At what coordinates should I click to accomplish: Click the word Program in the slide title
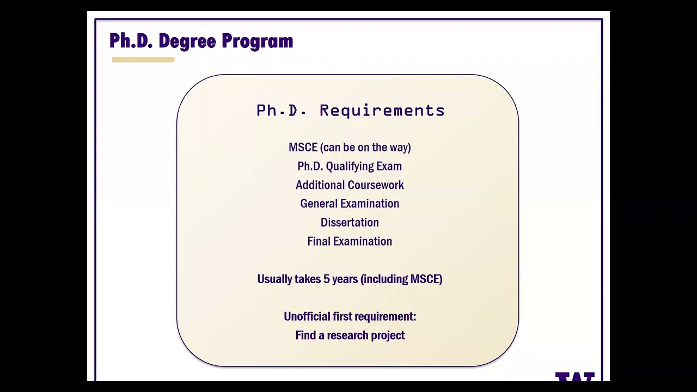257,41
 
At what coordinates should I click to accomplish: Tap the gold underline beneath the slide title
143,60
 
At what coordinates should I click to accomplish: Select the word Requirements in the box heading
382,111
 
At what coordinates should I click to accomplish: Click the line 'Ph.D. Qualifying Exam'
350,166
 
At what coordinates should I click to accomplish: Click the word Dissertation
350,223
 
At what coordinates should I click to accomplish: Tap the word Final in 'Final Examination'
319,241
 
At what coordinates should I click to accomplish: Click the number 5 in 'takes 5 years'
327,279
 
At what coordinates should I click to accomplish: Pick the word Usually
274,279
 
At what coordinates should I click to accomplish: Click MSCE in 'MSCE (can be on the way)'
303,148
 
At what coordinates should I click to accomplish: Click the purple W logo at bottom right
574,377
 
